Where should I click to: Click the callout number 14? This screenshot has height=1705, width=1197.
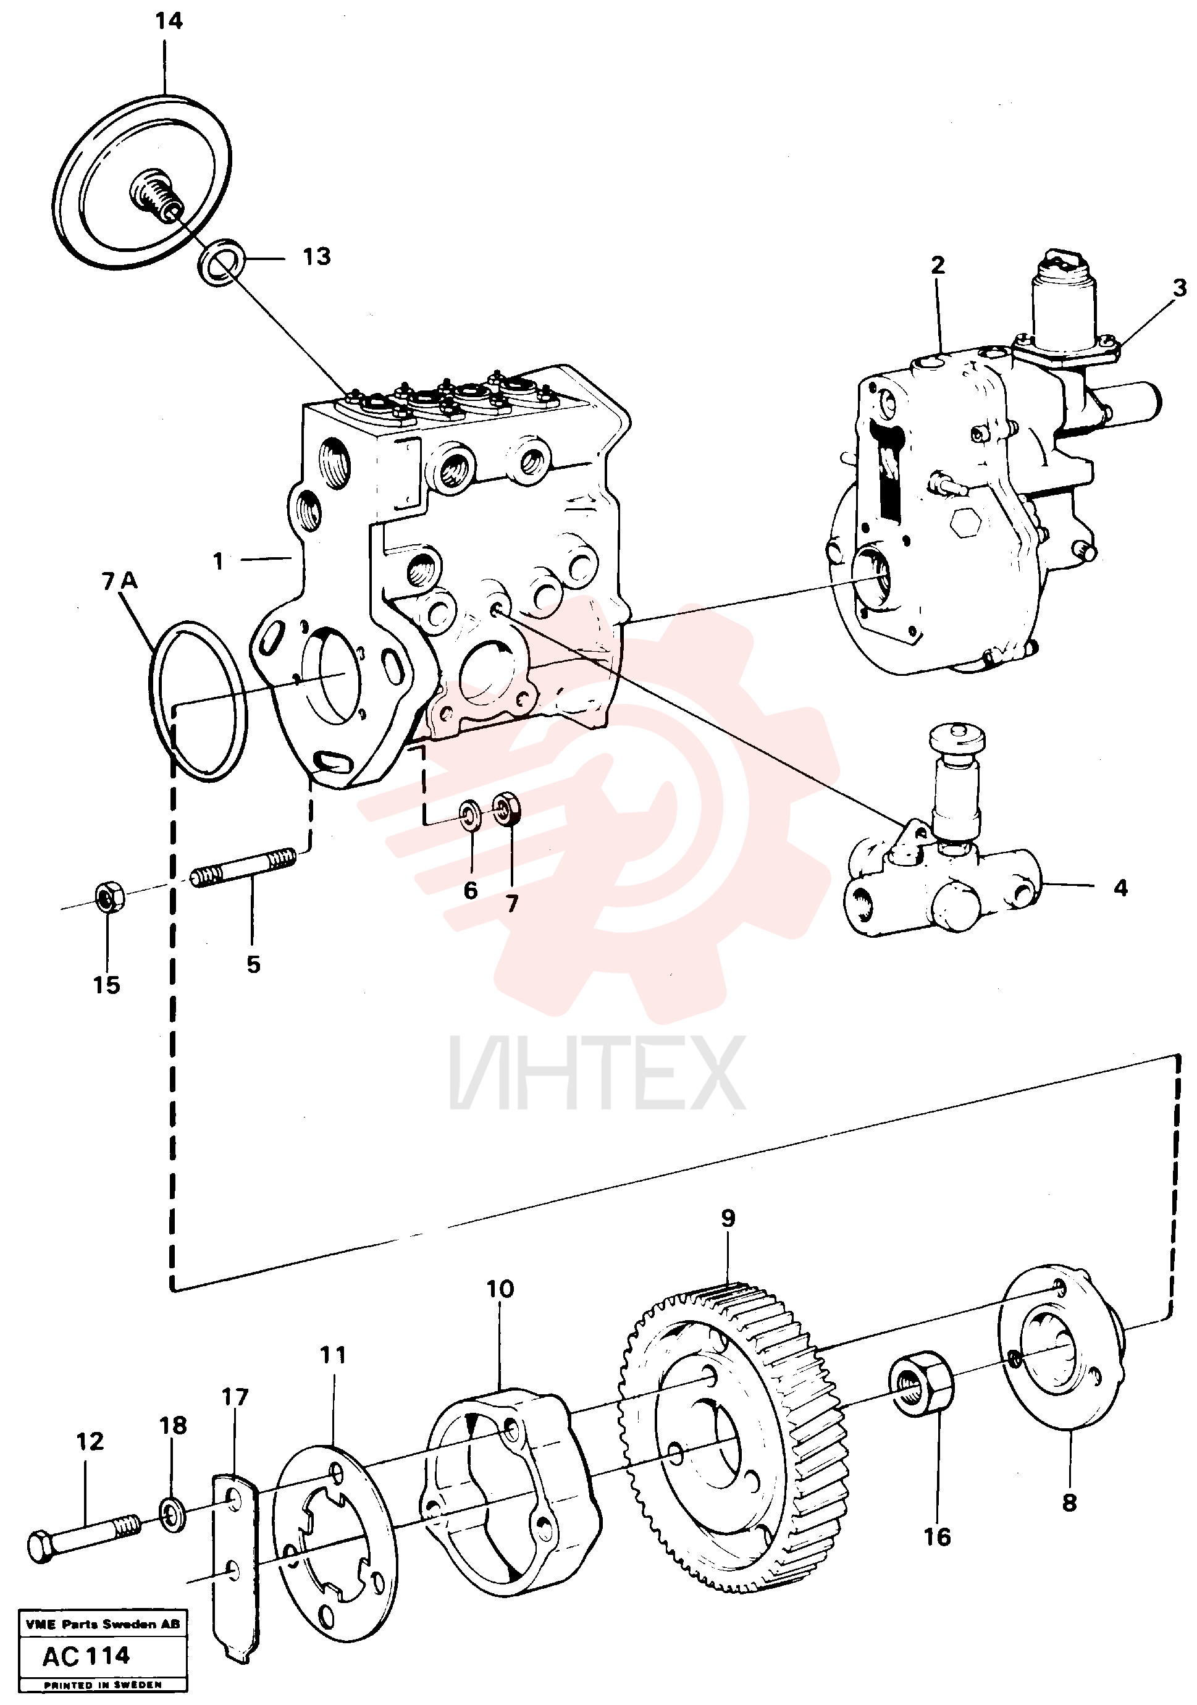click(169, 21)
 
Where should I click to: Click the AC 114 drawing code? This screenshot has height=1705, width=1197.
click(86, 1654)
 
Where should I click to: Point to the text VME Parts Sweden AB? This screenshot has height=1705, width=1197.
click(103, 1623)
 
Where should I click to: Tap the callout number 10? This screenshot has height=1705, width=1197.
click(500, 1289)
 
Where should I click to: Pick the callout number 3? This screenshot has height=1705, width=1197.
click(1179, 287)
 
